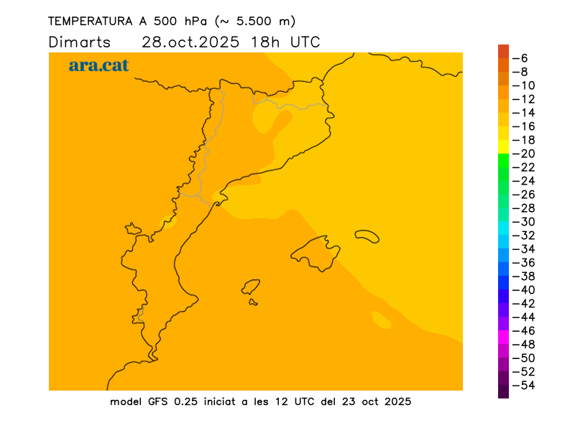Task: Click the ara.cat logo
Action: [98, 65]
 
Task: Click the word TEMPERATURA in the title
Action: [87, 21]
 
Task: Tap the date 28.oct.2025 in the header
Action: [191, 42]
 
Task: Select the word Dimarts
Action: [80, 42]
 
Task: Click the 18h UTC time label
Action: [285, 42]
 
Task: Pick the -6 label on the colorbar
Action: [524, 58]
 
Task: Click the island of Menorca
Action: [367, 236]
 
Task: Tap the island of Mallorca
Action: [316, 252]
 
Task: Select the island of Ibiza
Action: [251, 287]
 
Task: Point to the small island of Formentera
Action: [253, 302]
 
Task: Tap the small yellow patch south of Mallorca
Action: [381, 320]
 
